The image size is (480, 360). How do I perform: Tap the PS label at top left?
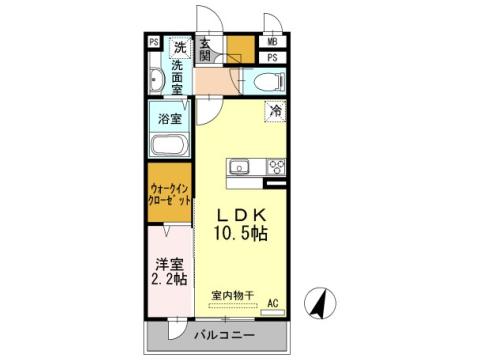click(x=154, y=43)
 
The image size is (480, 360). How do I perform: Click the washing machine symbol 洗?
click(x=180, y=47)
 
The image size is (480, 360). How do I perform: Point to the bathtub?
click(x=170, y=145)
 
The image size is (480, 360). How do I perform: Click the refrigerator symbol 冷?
click(x=275, y=112)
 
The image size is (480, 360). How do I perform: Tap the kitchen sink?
click(x=240, y=167)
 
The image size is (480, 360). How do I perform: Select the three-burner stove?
click(x=274, y=167)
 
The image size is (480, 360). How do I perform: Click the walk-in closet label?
click(x=170, y=192)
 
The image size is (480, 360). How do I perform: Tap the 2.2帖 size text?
click(x=170, y=279)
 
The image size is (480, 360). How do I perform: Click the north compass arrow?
click(x=319, y=303)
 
